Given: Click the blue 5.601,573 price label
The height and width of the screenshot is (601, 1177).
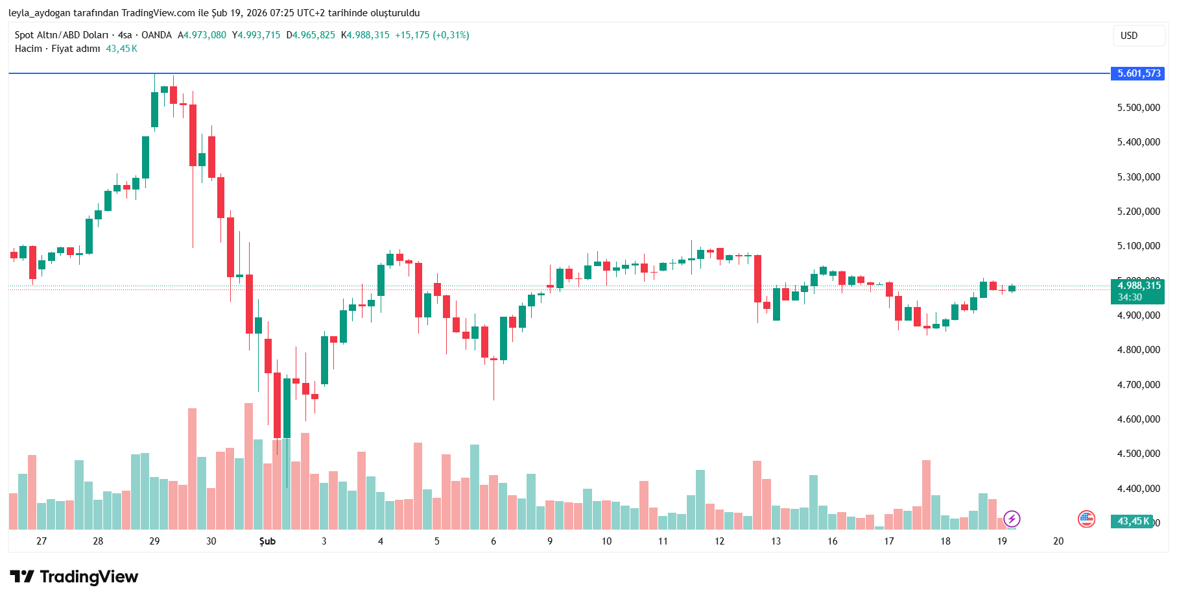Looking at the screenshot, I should pos(1139,73).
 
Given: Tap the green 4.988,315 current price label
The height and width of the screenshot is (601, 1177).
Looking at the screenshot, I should pos(1139,286).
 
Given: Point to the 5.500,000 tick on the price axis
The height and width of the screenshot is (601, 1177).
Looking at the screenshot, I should pos(1138,108).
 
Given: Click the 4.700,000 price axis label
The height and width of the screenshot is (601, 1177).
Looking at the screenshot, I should pos(1138,385).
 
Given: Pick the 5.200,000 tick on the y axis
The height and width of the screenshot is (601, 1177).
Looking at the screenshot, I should pos(1138,212).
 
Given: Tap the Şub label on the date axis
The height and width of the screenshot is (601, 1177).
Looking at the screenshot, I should pos(267,541).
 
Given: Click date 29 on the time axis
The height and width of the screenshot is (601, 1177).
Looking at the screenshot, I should pos(154,541).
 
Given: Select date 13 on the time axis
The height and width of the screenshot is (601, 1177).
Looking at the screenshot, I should pos(776,541).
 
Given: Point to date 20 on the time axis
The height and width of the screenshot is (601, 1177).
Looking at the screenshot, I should pos(1058,541).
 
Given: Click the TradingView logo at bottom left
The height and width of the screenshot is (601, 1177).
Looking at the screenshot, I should pos(74,576).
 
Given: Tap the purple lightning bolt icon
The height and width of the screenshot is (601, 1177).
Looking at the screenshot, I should pos(1012,519).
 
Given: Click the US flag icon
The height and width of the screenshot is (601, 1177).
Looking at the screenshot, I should pos(1086,519).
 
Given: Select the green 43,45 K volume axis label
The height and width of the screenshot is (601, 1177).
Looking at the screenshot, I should pos(1133,521).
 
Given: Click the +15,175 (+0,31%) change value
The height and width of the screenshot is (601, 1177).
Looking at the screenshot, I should pos(432,35).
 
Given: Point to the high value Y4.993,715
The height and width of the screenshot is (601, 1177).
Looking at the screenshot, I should pos(256,35).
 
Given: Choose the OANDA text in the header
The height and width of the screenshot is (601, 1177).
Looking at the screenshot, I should pos(156,35).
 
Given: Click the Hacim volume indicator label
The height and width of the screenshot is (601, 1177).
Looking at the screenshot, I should pos(29,49).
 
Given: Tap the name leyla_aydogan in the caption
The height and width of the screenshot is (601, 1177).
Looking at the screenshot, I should pos(40,13).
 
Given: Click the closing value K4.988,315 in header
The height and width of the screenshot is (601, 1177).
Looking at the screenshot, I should pos(365,35).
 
